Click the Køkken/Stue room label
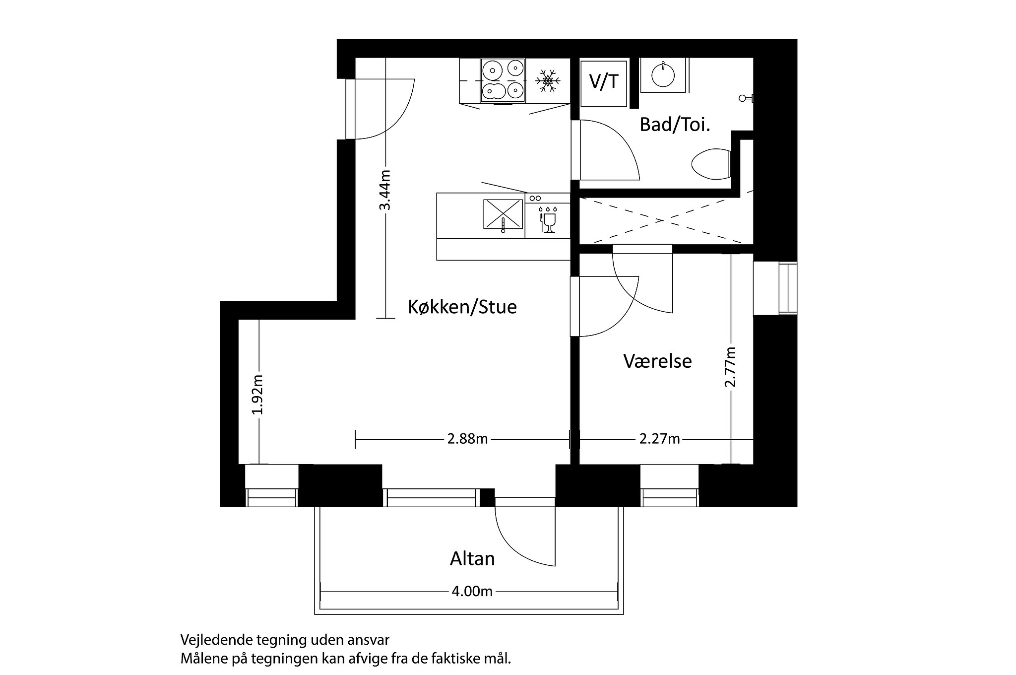pyautogui.click(x=462, y=307)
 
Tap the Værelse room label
pyautogui.click(x=657, y=361)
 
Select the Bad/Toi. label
pyautogui.click(x=675, y=125)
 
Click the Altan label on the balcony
pyautogui.click(x=472, y=559)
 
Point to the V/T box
pyautogui.click(x=604, y=82)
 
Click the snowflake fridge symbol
pyautogui.click(x=548, y=81)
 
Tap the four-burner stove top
pyautogui.click(x=503, y=81)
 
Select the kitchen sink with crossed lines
pyautogui.click(x=503, y=214)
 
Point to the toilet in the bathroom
pyautogui.click(x=711, y=164)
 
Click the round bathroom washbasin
pyautogui.click(x=663, y=75)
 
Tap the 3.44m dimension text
pyautogui.click(x=385, y=190)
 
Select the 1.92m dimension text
pyautogui.click(x=257, y=395)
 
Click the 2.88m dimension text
pyautogui.click(x=467, y=439)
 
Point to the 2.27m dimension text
pyautogui.click(x=659, y=439)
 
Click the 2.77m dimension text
pyautogui.click(x=730, y=367)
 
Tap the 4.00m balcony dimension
pyautogui.click(x=472, y=592)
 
